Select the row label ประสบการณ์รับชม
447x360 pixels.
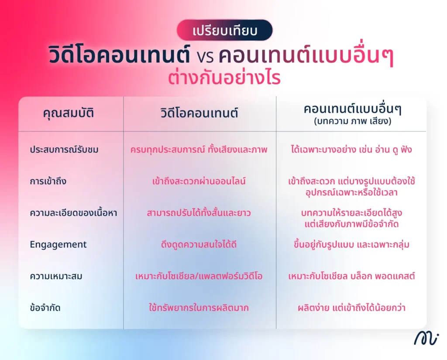click(64, 150)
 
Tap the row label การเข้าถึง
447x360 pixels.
click(48, 181)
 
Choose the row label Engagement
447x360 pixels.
click(58, 244)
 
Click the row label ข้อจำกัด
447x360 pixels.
click(45, 308)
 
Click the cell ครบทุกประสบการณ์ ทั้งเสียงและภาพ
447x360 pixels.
click(199, 150)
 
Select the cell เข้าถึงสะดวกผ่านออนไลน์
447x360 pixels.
click(199, 181)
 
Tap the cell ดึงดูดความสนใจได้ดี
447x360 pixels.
click(199, 244)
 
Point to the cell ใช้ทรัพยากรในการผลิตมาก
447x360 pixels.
click(199, 308)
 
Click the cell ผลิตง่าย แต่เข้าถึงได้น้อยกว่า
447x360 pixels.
click(351, 308)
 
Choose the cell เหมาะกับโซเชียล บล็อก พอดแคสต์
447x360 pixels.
click(351, 276)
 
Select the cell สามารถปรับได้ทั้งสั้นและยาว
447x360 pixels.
click(199, 213)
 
